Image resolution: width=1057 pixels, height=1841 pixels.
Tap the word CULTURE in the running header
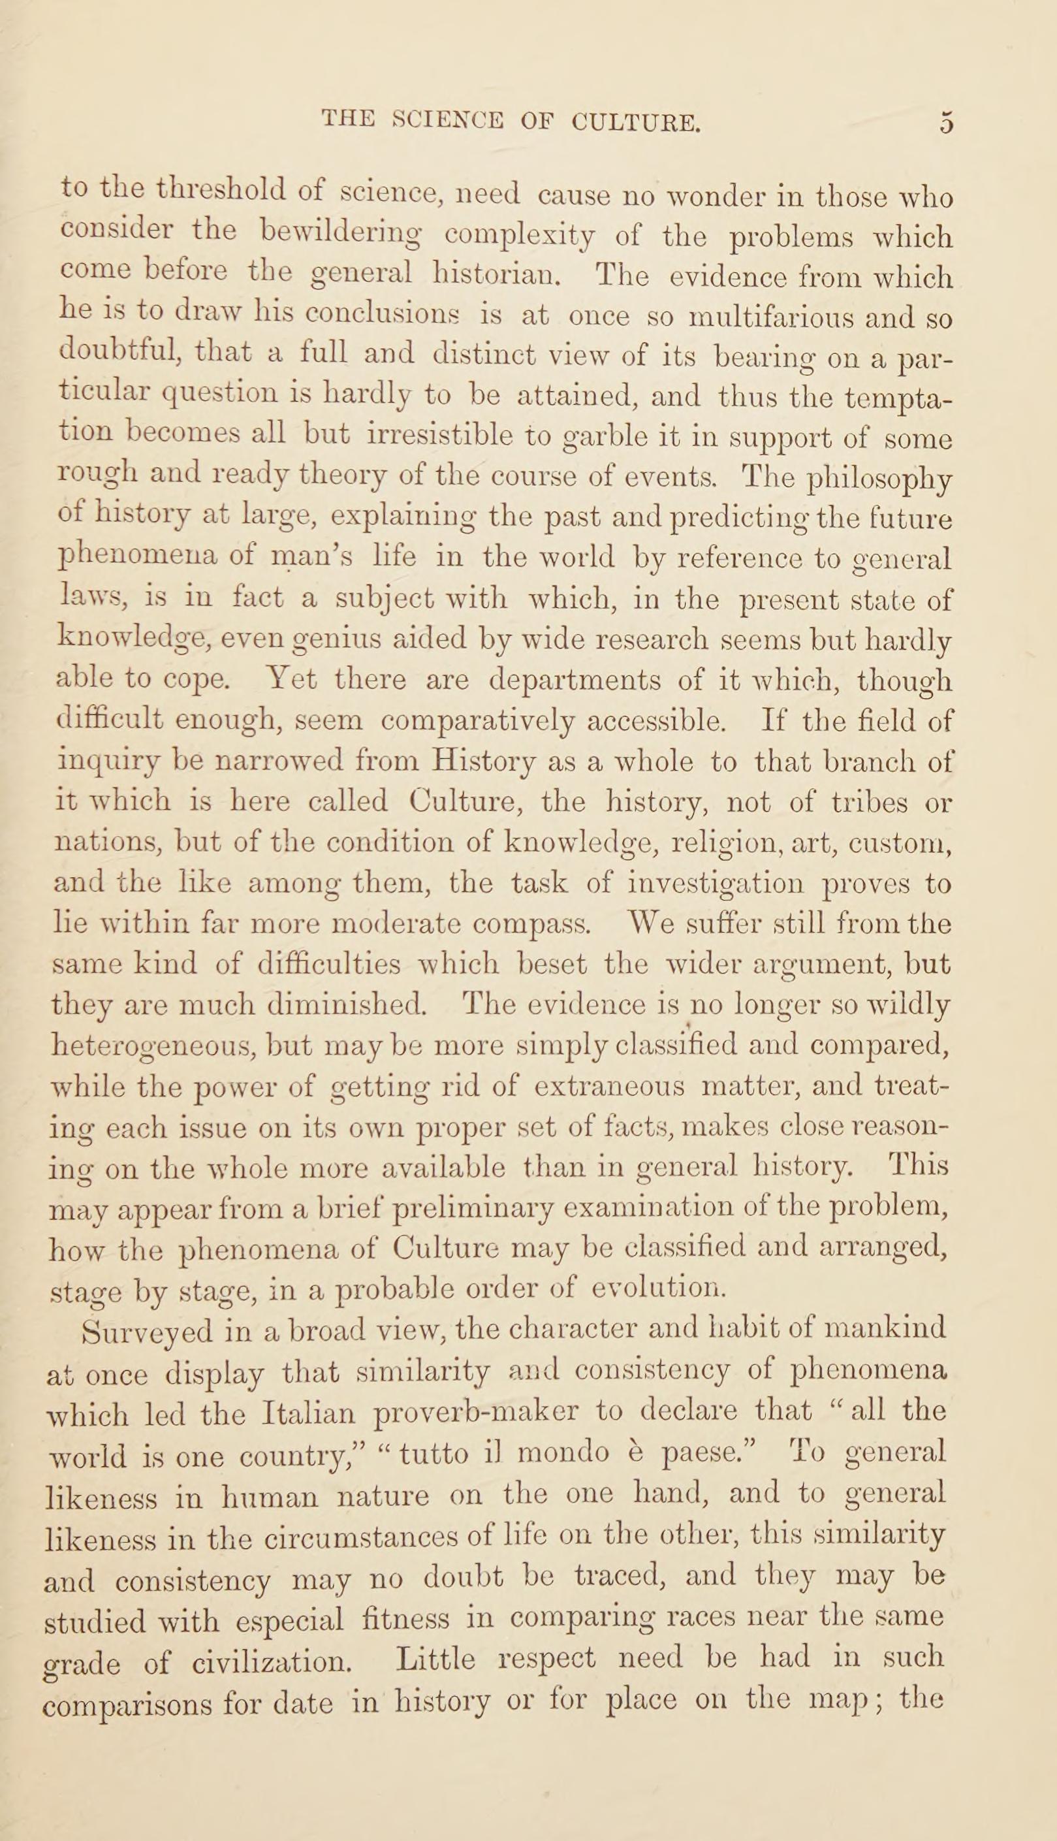636,121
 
